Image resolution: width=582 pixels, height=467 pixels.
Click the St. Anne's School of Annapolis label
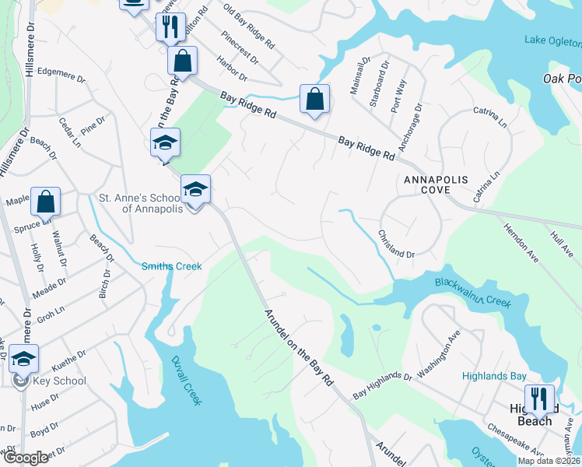[140, 202]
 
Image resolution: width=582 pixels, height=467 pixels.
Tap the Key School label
[59, 381]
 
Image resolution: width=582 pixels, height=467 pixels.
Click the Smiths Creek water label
[171, 266]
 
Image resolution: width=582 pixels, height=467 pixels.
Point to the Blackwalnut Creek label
[472, 293]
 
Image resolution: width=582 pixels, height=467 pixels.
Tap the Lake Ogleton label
[552, 40]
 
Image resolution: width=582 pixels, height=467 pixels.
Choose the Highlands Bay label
[494, 376]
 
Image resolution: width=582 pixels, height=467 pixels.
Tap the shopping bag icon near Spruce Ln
[46, 201]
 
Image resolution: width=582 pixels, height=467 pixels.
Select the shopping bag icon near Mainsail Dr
[314, 99]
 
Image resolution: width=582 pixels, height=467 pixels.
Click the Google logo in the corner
[25, 458]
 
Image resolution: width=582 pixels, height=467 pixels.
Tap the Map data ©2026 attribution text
[549, 461]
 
